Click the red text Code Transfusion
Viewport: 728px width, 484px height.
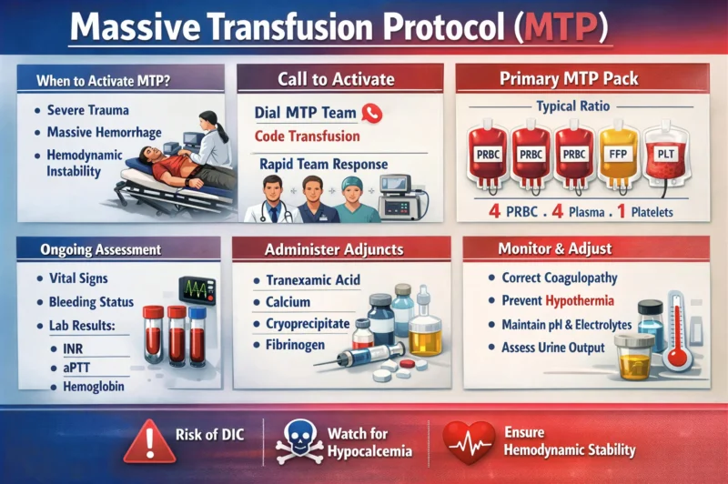point(308,136)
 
